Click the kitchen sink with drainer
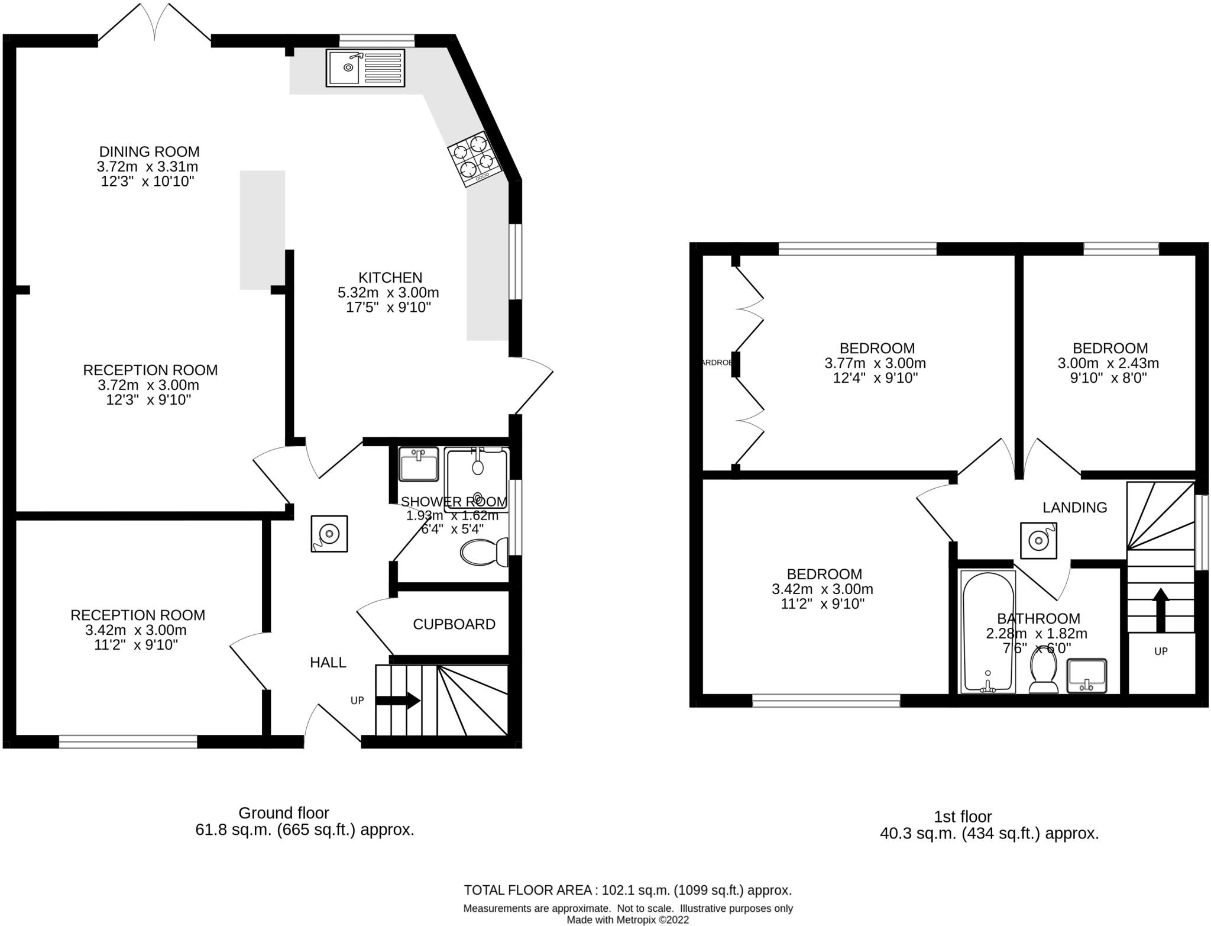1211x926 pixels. click(x=365, y=68)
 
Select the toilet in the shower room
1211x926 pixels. click(x=484, y=553)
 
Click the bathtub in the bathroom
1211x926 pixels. click(x=987, y=631)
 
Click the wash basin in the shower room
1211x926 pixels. click(x=419, y=464)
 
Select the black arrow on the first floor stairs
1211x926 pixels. click(x=1161, y=610)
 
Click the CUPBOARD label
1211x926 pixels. click(x=454, y=624)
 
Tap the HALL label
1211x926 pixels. click(x=328, y=663)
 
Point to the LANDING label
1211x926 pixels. click(x=1074, y=507)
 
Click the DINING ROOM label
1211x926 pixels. click(x=149, y=151)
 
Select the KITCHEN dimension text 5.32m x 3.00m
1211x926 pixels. click(x=388, y=292)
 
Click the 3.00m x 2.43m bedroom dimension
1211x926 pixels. click(x=1108, y=363)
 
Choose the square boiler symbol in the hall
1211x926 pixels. click(x=329, y=534)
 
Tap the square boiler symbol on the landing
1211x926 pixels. click(x=1038, y=540)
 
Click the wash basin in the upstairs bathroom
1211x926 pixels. click(x=1087, y=676)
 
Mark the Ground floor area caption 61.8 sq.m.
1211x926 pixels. click(x=305, y=830)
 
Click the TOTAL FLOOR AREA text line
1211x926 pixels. click(x=627, y=890)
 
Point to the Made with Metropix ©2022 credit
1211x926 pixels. click(x=627, y=919)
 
